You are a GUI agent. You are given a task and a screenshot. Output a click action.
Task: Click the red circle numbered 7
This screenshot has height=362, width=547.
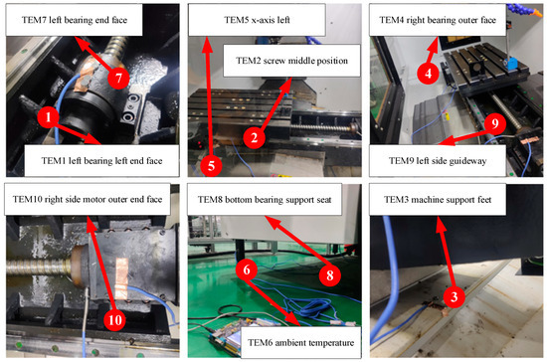pos(117,77)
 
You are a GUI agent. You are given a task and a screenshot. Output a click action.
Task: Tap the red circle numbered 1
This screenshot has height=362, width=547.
pos(45,118)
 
